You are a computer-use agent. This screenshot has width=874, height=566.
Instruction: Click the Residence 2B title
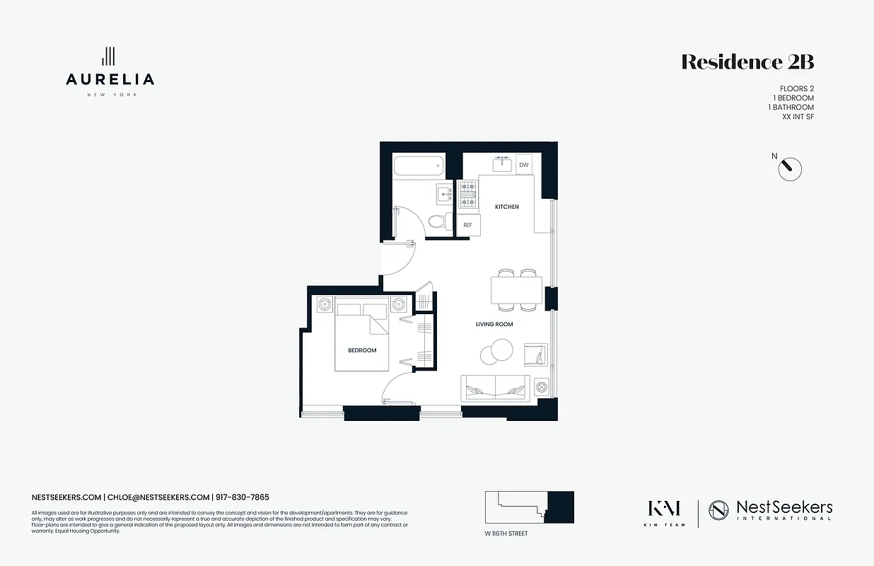coord(747,62)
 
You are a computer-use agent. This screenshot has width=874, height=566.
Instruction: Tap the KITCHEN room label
coord(506,207)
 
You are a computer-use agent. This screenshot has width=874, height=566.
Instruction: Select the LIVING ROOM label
coord(494,324)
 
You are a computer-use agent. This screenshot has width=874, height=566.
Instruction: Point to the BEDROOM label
coord(362,350)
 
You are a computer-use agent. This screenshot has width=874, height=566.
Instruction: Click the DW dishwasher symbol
coord(524,165)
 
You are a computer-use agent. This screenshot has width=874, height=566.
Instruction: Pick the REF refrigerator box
coord(467,225)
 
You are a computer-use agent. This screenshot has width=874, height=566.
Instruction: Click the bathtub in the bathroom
coord(418,166)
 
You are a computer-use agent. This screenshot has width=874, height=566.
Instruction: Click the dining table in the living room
coord(516,290)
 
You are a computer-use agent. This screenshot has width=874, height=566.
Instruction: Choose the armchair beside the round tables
coord(535,354)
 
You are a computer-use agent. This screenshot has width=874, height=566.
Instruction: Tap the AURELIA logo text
coord(110,79)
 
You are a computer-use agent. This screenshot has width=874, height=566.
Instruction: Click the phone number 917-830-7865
coord(243,497)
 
